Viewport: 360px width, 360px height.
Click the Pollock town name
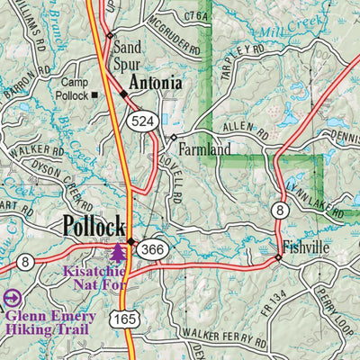(x=94, y=226)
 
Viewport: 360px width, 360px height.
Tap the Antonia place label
(x=156, y=84)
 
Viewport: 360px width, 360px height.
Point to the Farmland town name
(x=203, y=148)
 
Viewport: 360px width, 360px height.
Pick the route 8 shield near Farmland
(x=281, y=210)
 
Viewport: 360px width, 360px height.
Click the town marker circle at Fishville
(x=278, y=257)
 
